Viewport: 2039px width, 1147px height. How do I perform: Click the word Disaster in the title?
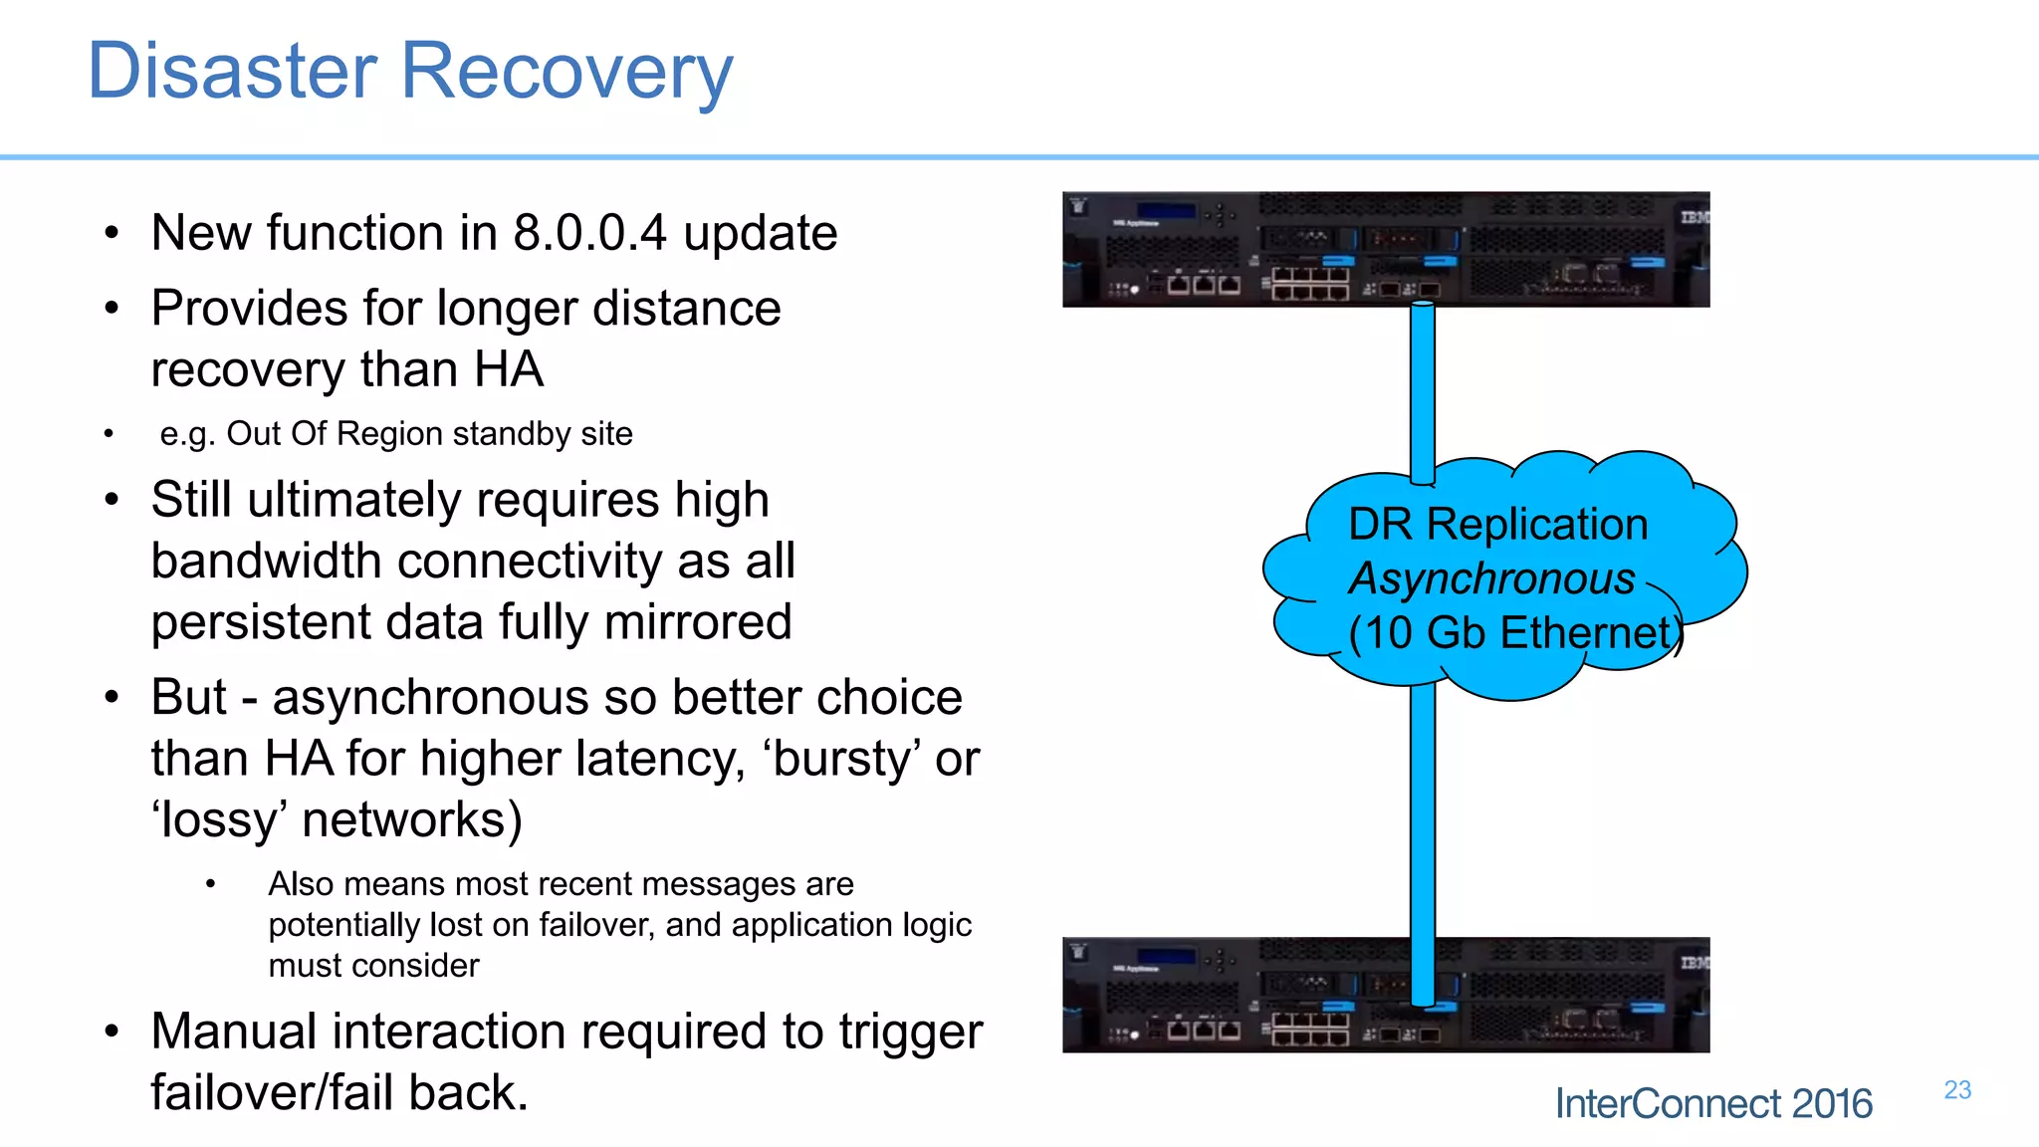(232, 72)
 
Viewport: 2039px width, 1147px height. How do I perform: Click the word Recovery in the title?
(566, 72)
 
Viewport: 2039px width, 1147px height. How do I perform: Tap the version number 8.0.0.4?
(589, 233)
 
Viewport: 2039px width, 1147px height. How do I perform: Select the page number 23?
(1957, 1090)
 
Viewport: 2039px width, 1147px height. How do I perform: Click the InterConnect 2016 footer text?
(1713, 1104)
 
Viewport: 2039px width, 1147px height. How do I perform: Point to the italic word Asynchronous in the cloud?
(1491, 578)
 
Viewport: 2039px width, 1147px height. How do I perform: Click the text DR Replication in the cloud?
(1497, 525)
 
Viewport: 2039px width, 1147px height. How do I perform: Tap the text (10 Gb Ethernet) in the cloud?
(1513, 633)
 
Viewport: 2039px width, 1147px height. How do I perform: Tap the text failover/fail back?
(339, 1093)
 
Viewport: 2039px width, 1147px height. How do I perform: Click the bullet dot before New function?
(112, 234)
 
